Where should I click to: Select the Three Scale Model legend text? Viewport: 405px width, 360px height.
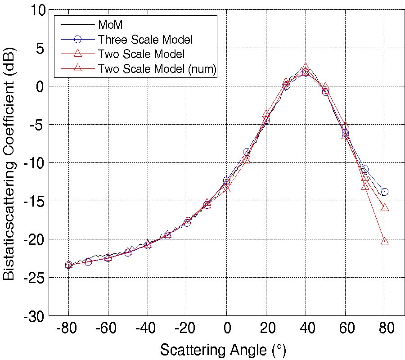[145, 39]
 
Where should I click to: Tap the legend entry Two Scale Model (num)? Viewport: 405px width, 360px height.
[157, 68]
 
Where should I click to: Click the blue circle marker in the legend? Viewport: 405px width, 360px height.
[77, 39]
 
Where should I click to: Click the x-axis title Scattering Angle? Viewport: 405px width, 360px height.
[223, 350]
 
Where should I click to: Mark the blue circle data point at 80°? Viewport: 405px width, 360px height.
[385, 192]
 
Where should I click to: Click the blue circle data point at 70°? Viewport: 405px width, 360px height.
[365, 169]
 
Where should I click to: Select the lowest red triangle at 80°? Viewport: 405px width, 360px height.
[385, 241]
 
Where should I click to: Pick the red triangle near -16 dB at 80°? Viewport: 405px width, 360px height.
[385, 207]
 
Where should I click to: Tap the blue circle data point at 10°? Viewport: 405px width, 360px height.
[247, 152]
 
